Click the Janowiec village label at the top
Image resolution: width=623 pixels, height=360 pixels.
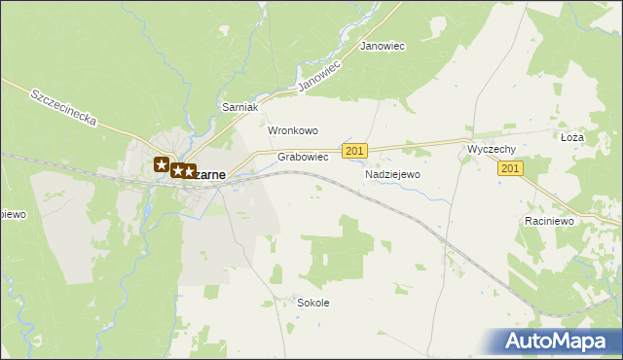click(383, 46)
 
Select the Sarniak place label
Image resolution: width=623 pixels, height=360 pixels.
click(238, 107)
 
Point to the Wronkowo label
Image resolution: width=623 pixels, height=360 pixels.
click(293, 130)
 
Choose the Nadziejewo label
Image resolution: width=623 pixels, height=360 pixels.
click(391, 174)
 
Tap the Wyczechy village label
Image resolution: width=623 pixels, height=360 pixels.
click(491, 149)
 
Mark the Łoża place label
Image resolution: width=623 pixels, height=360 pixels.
click(571, 138)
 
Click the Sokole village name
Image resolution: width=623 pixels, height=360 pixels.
click(312, 303)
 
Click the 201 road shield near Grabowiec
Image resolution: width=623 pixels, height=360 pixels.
click(355, 150)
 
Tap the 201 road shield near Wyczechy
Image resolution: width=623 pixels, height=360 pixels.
click(511, 168)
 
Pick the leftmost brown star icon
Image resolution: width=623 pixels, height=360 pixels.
click(162, 164)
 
